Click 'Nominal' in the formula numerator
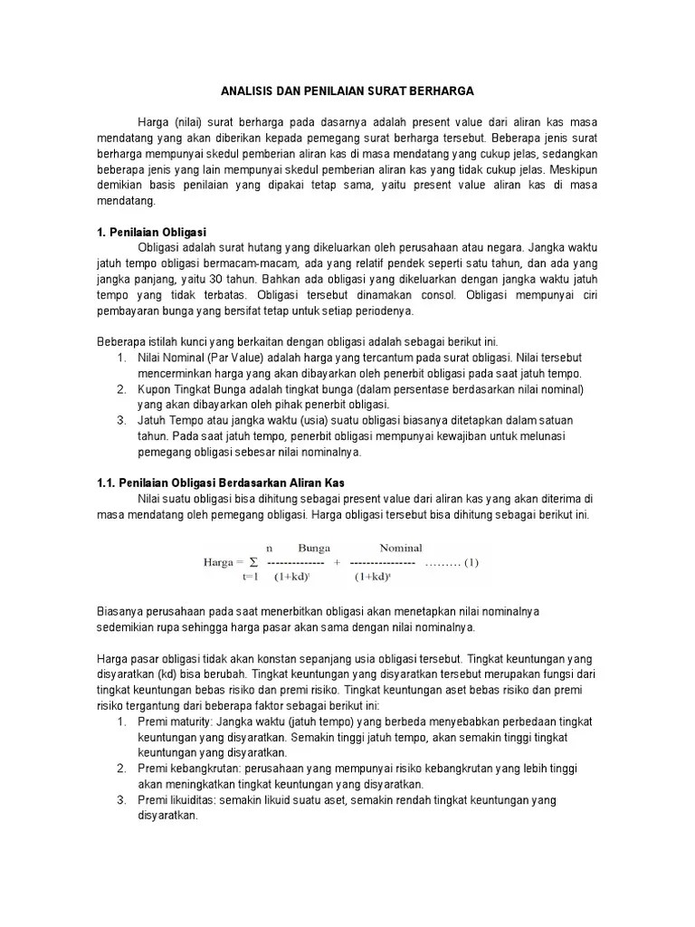tap(401, 548)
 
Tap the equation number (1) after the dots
tap(471, 562)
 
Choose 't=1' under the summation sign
tap(251, 577)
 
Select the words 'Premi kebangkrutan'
tap(186, 768)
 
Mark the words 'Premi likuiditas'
tap(176, 799)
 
